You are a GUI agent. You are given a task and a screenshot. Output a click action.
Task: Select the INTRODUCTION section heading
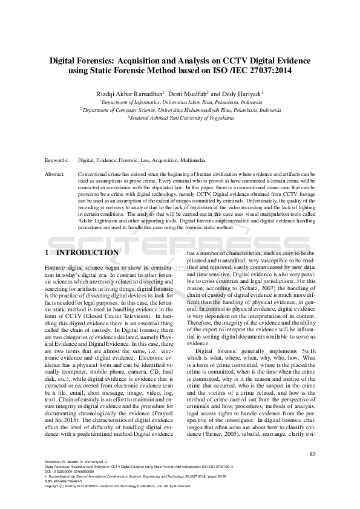click(87, 252)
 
